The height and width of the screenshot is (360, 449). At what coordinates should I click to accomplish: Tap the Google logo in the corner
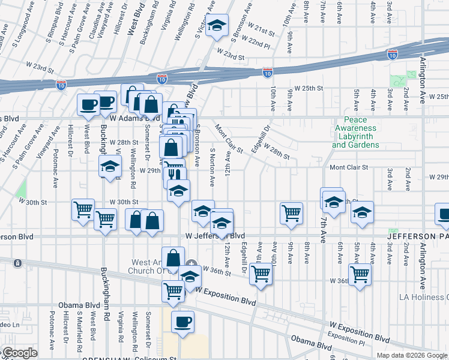click(x=19, y=353)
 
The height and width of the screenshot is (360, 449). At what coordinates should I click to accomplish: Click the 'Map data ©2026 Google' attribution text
click(x=412, y=355)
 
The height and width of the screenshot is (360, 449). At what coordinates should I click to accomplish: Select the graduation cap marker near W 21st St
click(x=217, y=25)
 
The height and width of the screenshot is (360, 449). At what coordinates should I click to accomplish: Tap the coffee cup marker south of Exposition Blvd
click(x=182, y=321)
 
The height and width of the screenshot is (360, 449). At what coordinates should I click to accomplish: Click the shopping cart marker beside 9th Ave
click(x=291, y=213)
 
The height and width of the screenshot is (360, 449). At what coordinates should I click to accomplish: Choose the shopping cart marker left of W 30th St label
click(x=83, y=210)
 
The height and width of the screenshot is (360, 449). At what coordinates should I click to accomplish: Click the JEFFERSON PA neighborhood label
click(x=417, y=236)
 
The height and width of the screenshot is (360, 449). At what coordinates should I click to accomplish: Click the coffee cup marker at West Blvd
click(x=88, y=104)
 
